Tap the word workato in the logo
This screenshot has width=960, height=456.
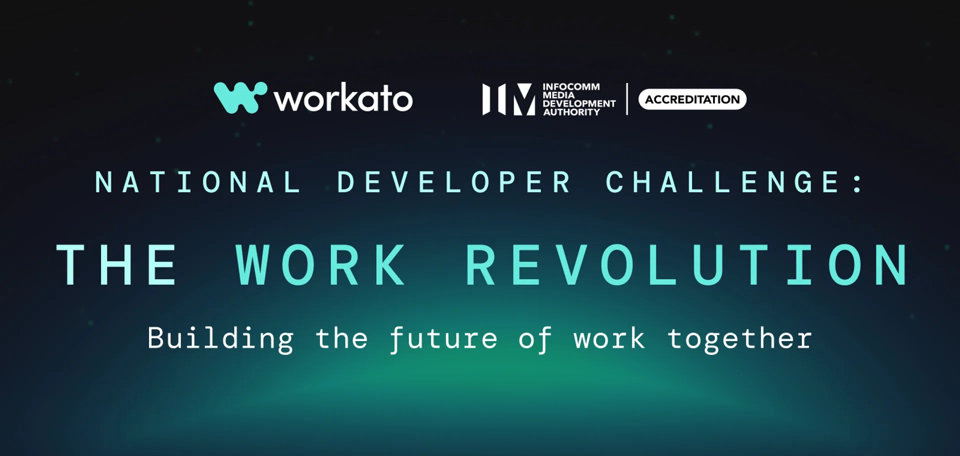click(343, 98)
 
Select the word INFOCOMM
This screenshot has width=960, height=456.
click(571, 87)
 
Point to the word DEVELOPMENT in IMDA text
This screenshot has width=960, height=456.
click(579, 103)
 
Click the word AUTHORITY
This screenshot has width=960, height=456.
click(571, 112)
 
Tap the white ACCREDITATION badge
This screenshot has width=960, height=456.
click(692, 99)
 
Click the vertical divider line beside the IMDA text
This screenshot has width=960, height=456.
click(627, 99)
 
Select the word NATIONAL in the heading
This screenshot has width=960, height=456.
click(198, 182)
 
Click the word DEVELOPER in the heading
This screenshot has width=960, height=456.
click(454, 182)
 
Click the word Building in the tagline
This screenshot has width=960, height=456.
click(220, 339)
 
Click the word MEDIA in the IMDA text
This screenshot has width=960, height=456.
click(558, 95)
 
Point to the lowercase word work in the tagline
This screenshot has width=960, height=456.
click(609, 339)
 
